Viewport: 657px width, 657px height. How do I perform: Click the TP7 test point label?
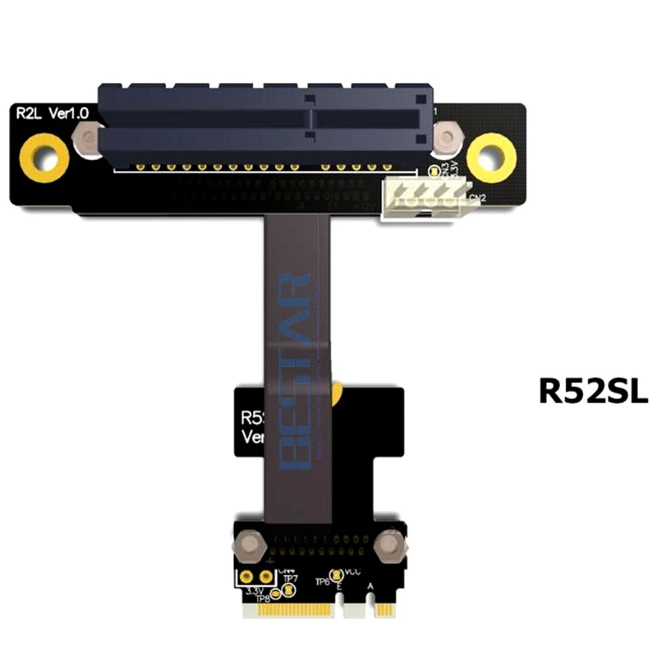point(290,578)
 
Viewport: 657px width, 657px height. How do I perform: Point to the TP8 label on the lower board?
point(263,598)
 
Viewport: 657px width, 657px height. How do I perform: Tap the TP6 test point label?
point(322,581)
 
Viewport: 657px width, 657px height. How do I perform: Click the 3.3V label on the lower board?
point(255,590)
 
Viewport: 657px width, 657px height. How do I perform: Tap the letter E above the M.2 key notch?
point(340,586)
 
